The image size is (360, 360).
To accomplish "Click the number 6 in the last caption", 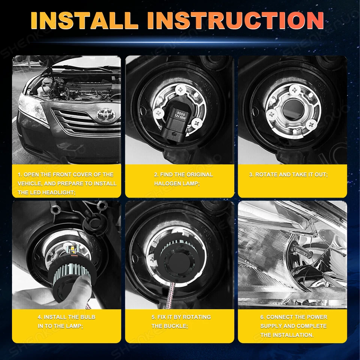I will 262,317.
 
